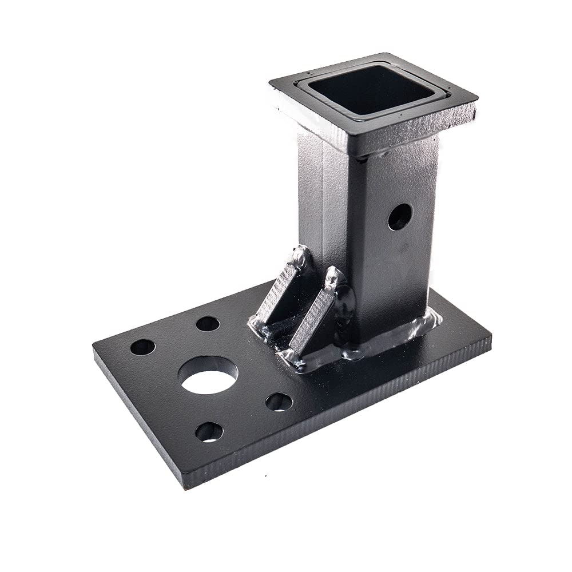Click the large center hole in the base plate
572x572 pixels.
(208, 375)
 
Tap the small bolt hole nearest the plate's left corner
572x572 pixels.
(142, 347)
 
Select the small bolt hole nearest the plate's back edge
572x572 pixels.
(208, 324)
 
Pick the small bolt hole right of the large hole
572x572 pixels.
(279, 402)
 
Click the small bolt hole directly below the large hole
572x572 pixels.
(209, 431)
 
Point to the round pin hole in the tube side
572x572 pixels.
(399, 217)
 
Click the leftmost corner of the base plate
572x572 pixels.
(94, 347)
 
